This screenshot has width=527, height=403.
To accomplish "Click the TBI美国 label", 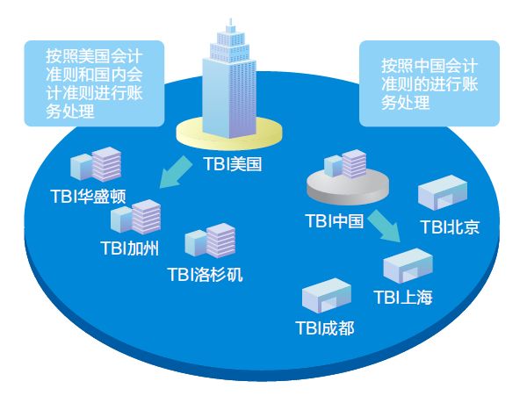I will [x=232, y=163].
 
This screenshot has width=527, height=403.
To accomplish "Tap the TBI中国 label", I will [x=334, y=221].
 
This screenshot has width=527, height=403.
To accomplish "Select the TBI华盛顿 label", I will [x=89, y=195].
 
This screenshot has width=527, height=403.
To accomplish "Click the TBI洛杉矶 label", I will [x=205, y=274].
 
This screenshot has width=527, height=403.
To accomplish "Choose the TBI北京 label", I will [x=449, y=227].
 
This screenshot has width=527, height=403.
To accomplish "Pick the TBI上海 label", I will [x=403, y=298].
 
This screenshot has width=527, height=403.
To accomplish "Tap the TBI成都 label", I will [x=325, y=328].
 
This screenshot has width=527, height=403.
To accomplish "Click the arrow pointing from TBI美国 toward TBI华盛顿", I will [x=174, y=172].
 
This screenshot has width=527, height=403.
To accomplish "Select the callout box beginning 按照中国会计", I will [x=430, y=83].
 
